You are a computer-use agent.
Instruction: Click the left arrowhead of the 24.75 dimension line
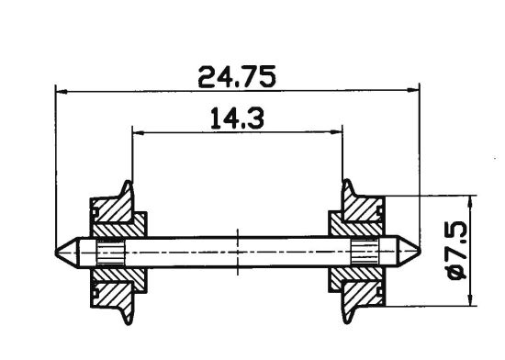click(x=61, y=91)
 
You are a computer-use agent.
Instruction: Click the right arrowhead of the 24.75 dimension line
click(x=415, y=91)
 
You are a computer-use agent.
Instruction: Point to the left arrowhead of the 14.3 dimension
click(x=138, y=132)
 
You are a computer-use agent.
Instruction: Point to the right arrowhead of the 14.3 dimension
click(x=339, y=132)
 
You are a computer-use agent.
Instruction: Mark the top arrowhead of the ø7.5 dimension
click(x=471, y=202)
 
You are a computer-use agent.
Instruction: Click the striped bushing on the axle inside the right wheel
click(x=365, y=251)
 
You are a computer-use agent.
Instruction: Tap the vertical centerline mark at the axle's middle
click(x=238, y=250)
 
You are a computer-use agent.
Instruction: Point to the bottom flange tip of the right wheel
click(x=346, y=321)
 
